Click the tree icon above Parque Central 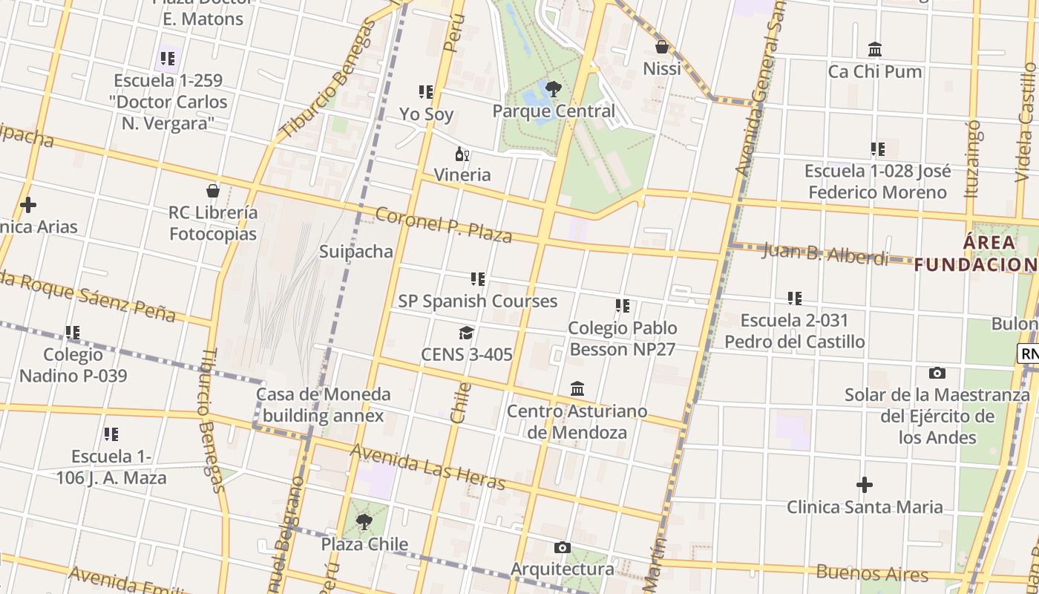tap(553, 89)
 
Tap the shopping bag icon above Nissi tap(661, 47)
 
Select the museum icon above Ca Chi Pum tap(875, 50)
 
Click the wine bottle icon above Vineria tap(462, 154)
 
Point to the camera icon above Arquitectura tap(562, 548)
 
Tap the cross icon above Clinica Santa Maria tap(865, 486)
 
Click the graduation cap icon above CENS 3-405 tap(466, 333)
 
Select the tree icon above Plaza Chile tap(364, 523)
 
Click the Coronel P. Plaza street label tap(444, 224)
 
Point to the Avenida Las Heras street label tap(427, 467)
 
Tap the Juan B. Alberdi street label tap(825, 254)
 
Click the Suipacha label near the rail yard tap(356, 252)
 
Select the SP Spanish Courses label tap(477, 301)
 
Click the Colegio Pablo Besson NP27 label tap(622, 339)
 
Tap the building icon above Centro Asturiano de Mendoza tap(577, 389)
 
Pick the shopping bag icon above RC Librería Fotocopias tap(213, 191)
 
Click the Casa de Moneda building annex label tap(323, 405)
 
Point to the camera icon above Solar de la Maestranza tap(937, 373)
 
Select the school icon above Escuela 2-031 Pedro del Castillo tap(795, 298)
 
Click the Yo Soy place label tap(426, 114)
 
